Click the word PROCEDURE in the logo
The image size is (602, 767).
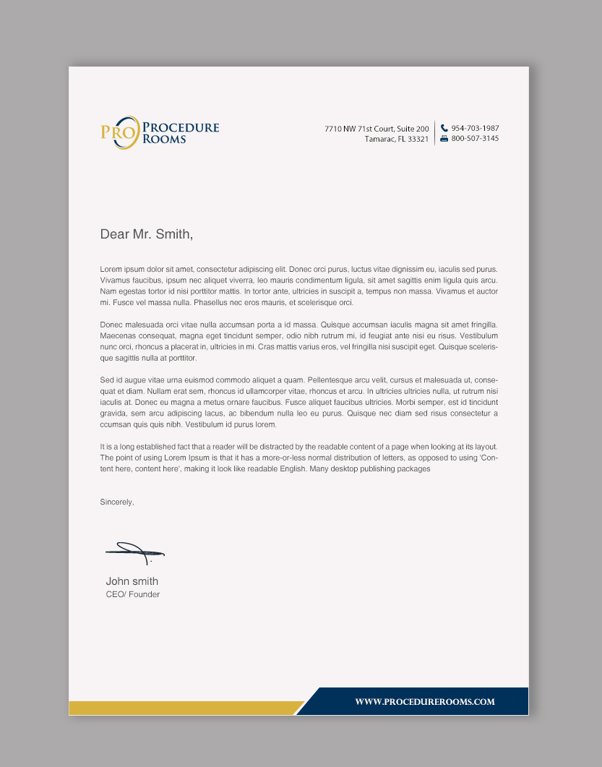pyautogui.click(x=181, y=128)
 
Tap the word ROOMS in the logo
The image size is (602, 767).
pyautogui.click(x=164, y=139)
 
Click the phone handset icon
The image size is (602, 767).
pyautogui.click(x=444, y=128)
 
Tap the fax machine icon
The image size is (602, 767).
pyautogui.click(x=444, y=138)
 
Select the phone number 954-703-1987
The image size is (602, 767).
pyautogui.click(x=475, y=128)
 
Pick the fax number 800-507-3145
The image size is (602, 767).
pyautogui.click(x=475, y=138)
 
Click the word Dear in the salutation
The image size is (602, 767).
pyautogui.click(x=114, y=234)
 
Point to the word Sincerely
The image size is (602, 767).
pyautogui.click(x=117, y=502)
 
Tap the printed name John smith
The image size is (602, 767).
pyautogui.click(x=132, y=581)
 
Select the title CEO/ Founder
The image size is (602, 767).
pyautogui.click(x=133, y=594)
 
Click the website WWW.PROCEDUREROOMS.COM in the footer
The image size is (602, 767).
pyautogui.click(x=425, y=702)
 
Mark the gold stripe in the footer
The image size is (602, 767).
pyautogui.click(x=181, y=708)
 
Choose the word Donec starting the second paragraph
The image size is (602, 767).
pyautogui.click(x=111, y=325)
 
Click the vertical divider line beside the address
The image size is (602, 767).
pyautogui.click(x=434, y=133)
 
